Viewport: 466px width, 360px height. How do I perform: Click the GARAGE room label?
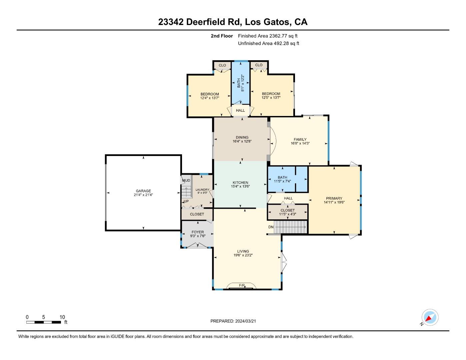(x=143, y=191)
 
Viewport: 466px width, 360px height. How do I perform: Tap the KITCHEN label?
(x=240, y=182)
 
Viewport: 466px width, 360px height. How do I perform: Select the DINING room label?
(x=242, y=137)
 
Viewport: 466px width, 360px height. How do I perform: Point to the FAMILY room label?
(x=300, y=140)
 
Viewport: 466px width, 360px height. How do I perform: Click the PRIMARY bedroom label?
(x=334, y=198)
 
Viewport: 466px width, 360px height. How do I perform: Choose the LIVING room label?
(x=243, y=251)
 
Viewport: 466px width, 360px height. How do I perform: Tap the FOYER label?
(x=198, y=232)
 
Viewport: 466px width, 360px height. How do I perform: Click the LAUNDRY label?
(x=202, y=190)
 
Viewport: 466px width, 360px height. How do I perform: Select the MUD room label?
(x=186, y=181)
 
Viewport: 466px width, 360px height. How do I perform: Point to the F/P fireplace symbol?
(x=242, y=286)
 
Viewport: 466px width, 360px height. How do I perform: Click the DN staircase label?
(x=271, y=227)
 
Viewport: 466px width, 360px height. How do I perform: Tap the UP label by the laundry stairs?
(x=186, y=201)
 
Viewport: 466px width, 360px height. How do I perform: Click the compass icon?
(x=430, y=317)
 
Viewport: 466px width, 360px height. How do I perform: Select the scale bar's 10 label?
(x=62, y=317)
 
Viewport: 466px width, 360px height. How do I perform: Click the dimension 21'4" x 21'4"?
(x=143, y=195)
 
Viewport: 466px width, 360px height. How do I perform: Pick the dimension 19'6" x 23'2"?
(x=243, y=256)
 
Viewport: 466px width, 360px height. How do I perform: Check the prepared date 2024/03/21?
(x=245, y=321)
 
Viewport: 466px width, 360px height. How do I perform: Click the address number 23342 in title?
(x=171, y=22)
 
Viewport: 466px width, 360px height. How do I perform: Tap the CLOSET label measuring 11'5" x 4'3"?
(x=287, y=210)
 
